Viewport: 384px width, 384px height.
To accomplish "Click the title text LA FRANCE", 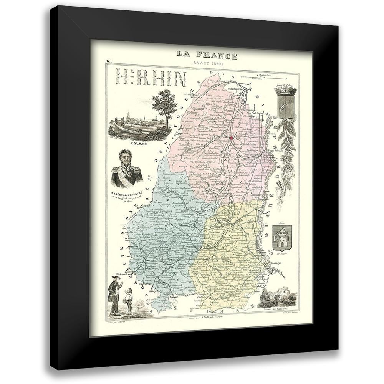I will point(207,55).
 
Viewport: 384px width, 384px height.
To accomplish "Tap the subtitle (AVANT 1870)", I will point(207,63).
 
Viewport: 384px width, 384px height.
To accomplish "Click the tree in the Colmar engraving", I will point(164,103).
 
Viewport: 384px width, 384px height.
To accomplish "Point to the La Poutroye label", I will point(192,118).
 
